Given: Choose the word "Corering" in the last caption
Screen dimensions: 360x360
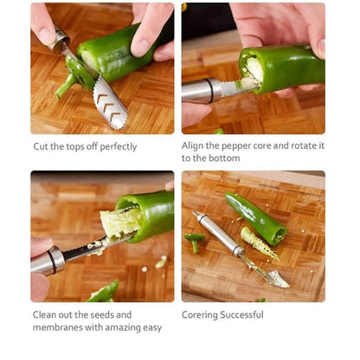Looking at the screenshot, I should pyautogui.click(x=200, y=315).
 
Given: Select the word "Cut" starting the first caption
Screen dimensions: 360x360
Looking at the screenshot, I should pyautogui.click(x=40, y=146).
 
